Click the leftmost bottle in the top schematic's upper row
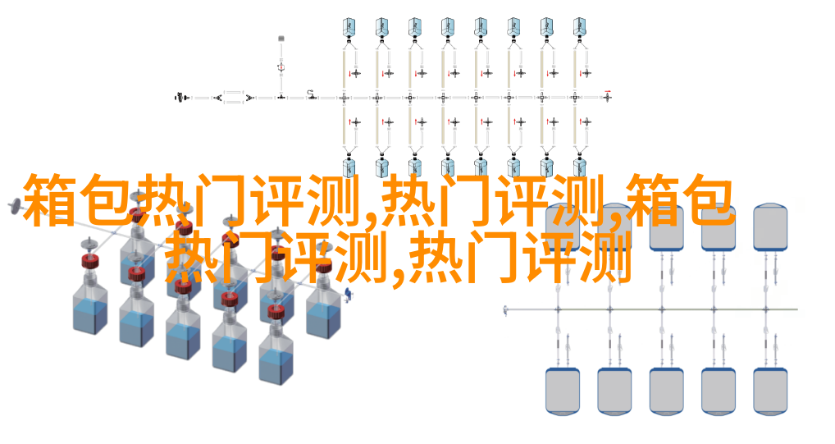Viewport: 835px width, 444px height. point(349,26)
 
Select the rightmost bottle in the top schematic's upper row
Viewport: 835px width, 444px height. point(579,26)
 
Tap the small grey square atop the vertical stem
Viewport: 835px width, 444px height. point(281,39)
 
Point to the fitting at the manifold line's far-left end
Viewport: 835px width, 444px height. point(181,98)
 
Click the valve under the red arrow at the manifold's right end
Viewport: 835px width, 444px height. point(607,97)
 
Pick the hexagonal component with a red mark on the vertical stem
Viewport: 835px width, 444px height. point(281,66)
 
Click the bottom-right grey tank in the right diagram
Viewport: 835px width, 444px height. point(770,391)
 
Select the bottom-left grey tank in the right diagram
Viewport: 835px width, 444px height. point(563,391)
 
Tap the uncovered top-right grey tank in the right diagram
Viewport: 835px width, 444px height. point(770,227)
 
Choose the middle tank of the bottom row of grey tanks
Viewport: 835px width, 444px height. point(666,391)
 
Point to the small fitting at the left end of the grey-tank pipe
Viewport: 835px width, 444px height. point(505,309)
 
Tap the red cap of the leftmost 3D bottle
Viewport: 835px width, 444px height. point(90,261)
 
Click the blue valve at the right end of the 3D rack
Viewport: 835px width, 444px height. point(348,294)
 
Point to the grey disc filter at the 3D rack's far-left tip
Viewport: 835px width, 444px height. point(15,206)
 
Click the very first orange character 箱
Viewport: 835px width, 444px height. point(48,200)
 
